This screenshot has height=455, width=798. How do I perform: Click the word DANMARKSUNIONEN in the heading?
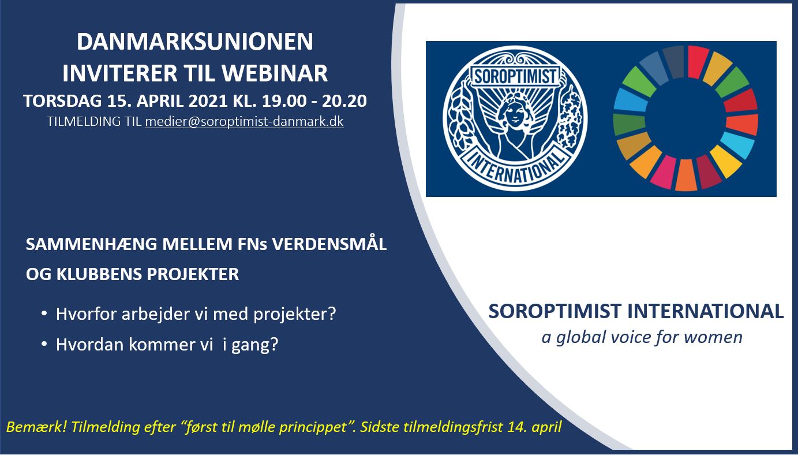195,42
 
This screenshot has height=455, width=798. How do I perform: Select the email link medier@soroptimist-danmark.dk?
245,121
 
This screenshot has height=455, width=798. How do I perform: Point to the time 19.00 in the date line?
284,101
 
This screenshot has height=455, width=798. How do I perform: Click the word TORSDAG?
62,101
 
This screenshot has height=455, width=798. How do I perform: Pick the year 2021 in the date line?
208,101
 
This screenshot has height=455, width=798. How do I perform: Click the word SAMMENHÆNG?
91,244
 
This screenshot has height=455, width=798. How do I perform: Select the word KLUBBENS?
99,274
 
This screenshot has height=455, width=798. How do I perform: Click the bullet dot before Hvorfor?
44,314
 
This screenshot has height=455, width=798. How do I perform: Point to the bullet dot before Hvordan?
44,344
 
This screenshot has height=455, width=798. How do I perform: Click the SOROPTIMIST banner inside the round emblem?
515,76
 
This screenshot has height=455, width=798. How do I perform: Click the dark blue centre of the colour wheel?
685,119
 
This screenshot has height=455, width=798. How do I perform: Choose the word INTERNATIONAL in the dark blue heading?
705,311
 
